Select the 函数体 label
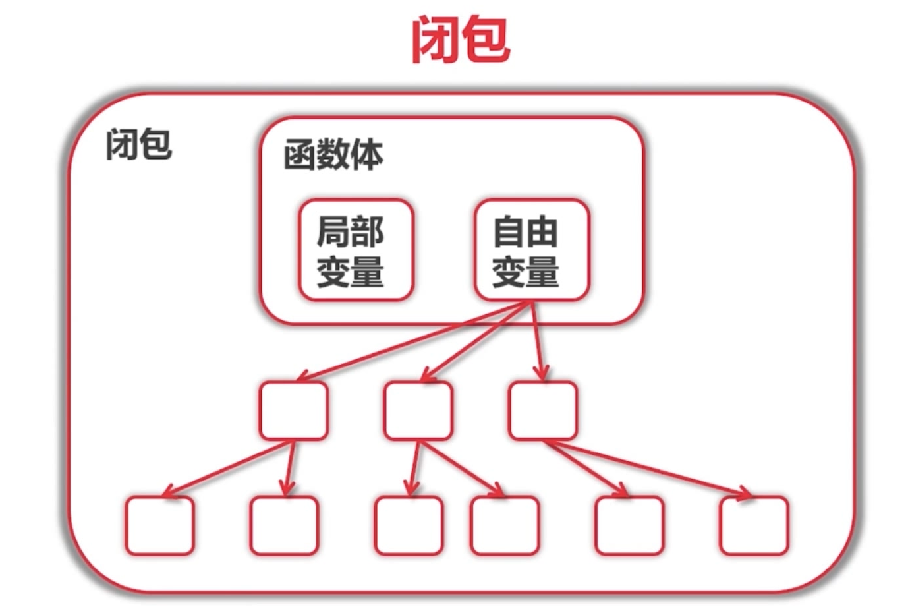(333, 155)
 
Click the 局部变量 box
(356, 250)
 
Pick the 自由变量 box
(531, 250)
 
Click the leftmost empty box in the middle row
(293, 410)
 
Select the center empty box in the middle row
(418, 410)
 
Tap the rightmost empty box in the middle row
(542, 410)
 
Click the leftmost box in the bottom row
(159, 525)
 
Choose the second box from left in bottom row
(284, 525)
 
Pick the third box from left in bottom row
(409, 525)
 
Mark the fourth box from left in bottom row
(505, 525)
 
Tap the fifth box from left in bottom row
(629, 525)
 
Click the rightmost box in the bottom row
(754, 525)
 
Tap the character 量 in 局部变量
(367, 270)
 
